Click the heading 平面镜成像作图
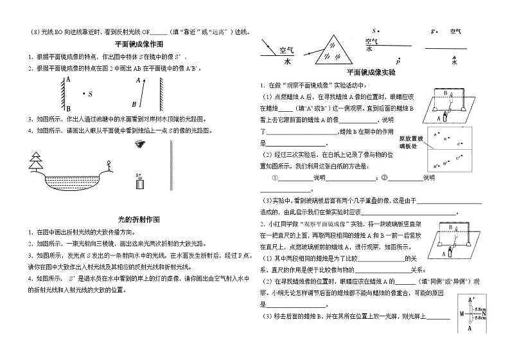pyautogui.click(x=138, y=44)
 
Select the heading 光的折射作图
pyautogui.click(x=138, y=219)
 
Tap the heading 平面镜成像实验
pyautogui.click(x=373, y=73)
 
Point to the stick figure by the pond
pyautogui.click(x=108, y=166)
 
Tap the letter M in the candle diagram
pyautogui.click(x=461, y=314)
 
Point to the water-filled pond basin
pyautogui.click(x=71, y=183)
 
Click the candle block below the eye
pyautogui.click(x=139, y=183)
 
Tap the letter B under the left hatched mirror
pyautogui.click(x=133, y=104)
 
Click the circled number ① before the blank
pyautogui.click(x=276, y=177)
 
